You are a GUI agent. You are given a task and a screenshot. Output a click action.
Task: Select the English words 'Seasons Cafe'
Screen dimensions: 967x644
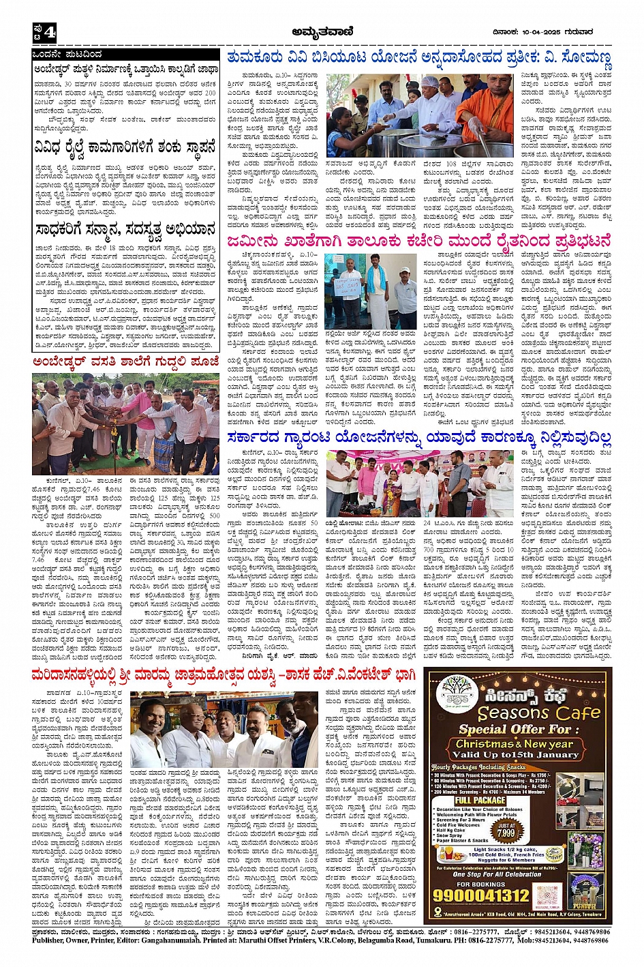click(x=537, y=713)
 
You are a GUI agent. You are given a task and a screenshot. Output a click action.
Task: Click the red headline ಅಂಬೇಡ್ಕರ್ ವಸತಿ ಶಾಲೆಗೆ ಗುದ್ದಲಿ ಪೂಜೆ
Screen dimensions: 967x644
click(x=125, y=362)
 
